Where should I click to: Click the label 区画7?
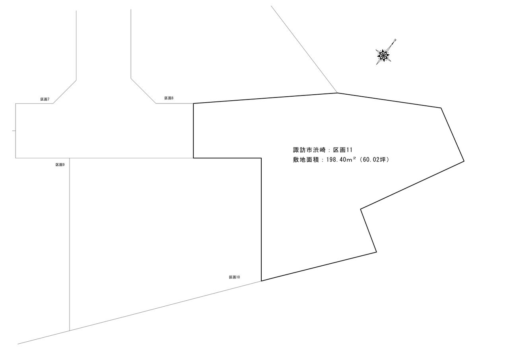45,99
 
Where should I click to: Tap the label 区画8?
169,98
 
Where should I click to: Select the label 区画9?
60,164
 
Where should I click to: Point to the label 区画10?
234,277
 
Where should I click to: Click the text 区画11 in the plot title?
343,150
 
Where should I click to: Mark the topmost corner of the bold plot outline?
337,93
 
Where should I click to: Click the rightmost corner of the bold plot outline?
464,161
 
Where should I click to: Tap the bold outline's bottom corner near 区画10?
261,281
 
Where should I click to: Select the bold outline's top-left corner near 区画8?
194,103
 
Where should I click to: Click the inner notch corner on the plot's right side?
361,209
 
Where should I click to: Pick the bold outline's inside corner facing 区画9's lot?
261,158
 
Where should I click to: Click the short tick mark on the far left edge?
14,130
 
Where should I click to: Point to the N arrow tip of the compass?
396,39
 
